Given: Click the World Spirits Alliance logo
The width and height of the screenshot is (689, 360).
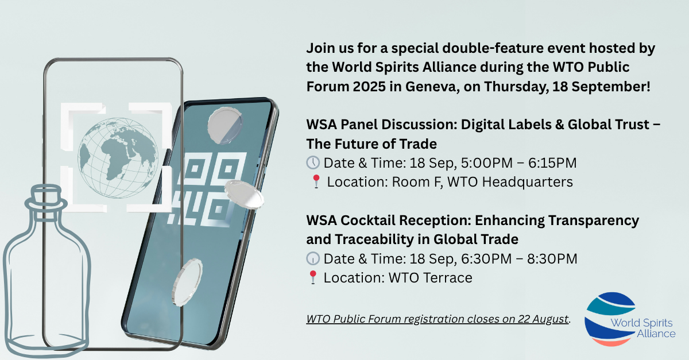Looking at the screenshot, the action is tap(630, 319).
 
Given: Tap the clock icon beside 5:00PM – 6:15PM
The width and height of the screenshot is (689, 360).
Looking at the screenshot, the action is tap(313, 162).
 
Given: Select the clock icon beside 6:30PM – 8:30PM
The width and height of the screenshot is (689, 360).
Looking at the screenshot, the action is tap(313, 258).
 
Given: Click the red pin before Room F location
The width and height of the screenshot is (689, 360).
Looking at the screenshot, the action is tap(316, 181).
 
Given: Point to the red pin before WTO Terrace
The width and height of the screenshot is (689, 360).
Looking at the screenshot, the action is tap(313, 277).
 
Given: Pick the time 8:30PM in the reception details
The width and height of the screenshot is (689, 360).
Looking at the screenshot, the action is tap(552, 258).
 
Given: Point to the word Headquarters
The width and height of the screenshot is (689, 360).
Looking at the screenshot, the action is tap(527, 182).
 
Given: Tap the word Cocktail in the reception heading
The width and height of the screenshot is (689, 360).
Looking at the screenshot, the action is tap(367, 220).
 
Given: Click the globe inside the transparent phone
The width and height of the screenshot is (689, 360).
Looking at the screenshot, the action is tap(118, 157).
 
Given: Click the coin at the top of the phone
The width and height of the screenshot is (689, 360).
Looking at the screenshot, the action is tap(225, 125).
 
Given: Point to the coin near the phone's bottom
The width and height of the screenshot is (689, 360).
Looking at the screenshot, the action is tap(187, 282).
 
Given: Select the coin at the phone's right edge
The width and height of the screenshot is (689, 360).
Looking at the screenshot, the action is tap(244, 195).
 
